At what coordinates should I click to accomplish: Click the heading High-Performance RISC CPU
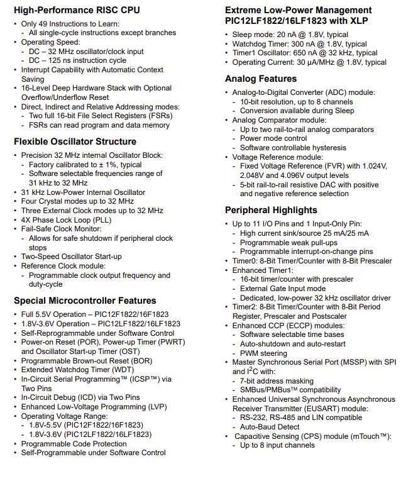pos(77,10)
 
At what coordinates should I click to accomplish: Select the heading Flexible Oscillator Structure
pos(75,141)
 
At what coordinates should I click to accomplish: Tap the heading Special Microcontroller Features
pos(85,301)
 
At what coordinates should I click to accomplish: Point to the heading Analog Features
pos(261,79)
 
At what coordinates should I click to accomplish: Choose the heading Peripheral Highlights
pos(271,210)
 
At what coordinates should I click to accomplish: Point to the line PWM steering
pos(263,353)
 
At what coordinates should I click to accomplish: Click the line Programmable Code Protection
pos(74,443)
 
